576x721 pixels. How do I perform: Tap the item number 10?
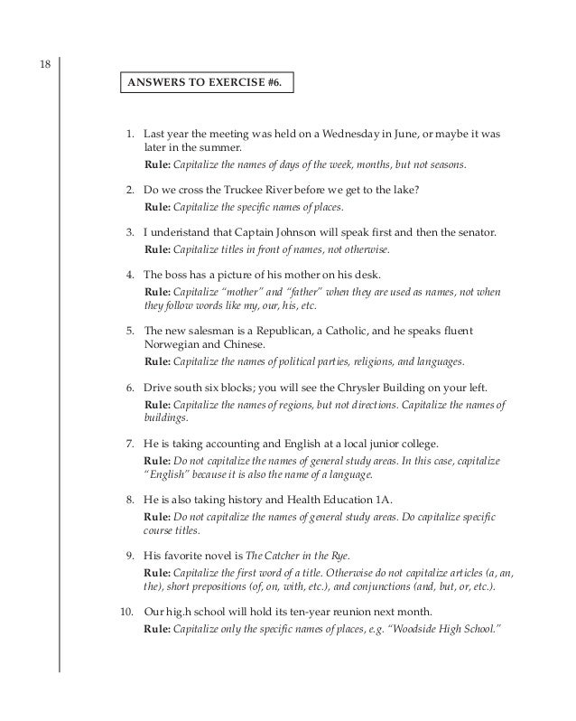coord(127,610)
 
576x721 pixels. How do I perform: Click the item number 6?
coord(130,386)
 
